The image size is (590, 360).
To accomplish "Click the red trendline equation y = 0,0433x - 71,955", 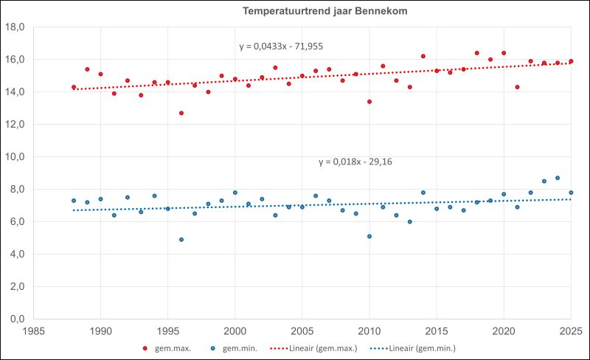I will coord(281,46).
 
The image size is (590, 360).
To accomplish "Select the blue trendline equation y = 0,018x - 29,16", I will coord(355,162).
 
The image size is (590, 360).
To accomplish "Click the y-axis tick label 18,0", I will coord(15,27).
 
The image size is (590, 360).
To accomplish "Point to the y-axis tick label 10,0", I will coord(15,157).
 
